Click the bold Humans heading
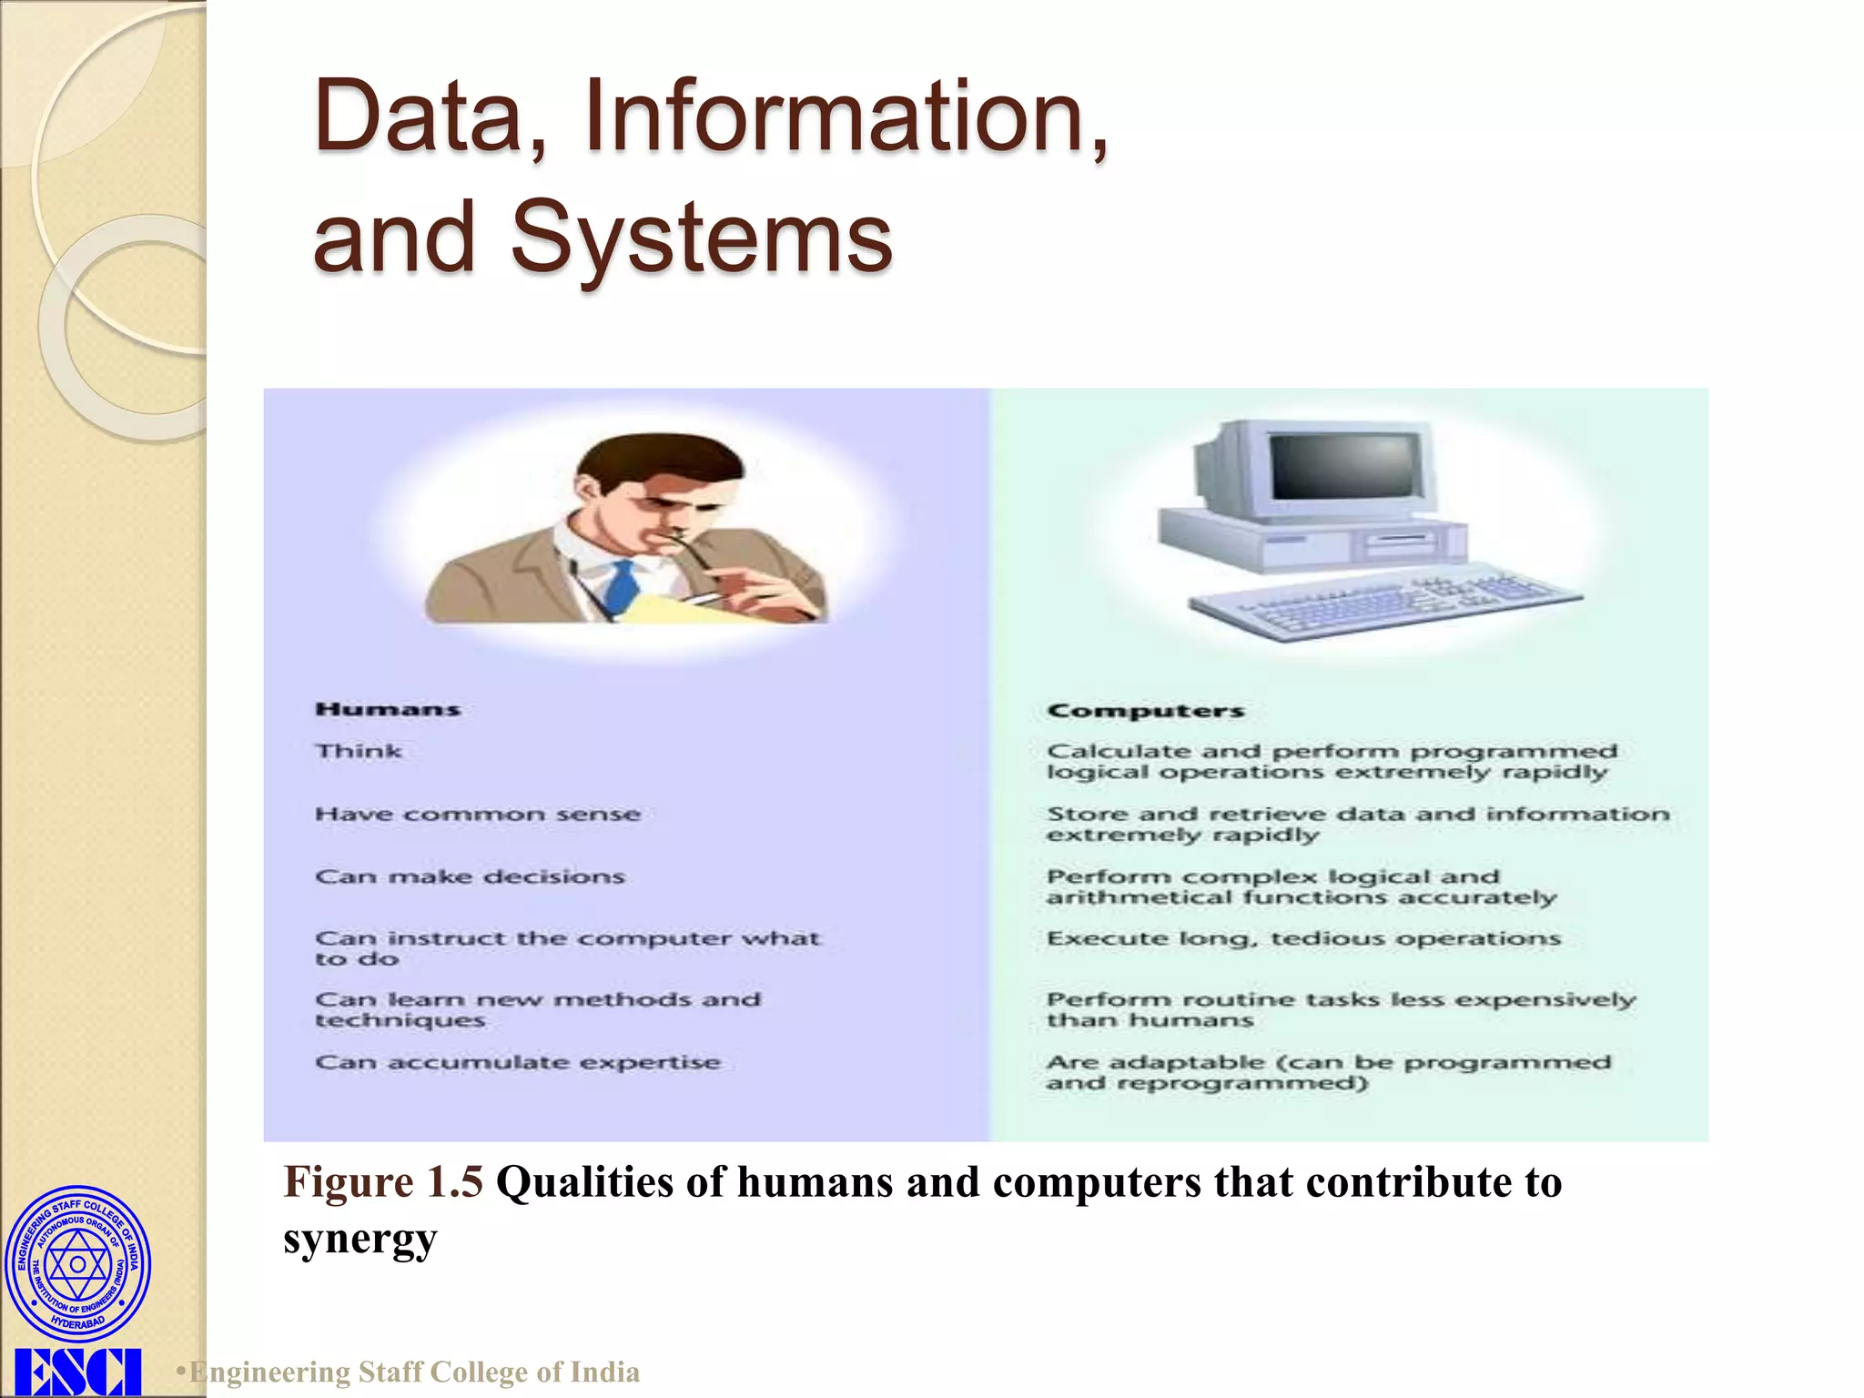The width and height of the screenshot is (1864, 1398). (x=388, y=709)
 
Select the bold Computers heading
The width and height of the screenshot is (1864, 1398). (x=1145, y=710)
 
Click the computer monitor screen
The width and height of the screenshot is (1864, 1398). (x=1345, y=466)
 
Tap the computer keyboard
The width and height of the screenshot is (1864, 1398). (x=1383, y=601)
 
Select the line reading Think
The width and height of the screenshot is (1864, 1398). (x=359, y=751)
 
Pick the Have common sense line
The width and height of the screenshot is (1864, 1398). (x=478, y=814)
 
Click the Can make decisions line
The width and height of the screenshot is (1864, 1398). (x=470, y=876)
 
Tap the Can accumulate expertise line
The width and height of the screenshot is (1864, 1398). (x=517, y=1062)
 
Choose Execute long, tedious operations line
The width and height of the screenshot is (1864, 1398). (x=1303, y=938)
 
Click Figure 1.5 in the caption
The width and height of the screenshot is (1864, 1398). (x=383, y=1182)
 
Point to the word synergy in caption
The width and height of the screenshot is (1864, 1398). (x=360, y=1239)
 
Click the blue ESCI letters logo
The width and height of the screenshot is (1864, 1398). (x=78, y=1373)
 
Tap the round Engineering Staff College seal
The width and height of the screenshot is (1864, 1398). (x=78, y=1264)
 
